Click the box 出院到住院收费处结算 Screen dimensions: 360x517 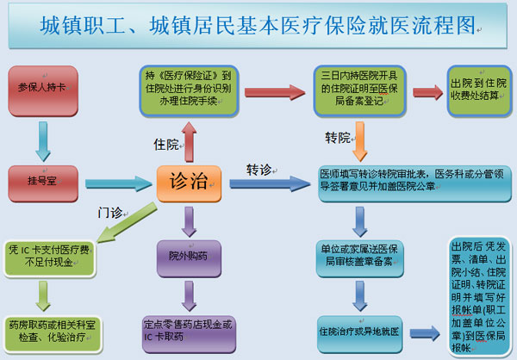coord(477,88)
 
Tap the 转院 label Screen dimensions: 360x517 coord(338,138)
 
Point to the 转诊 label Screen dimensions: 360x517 coord(258,168)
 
